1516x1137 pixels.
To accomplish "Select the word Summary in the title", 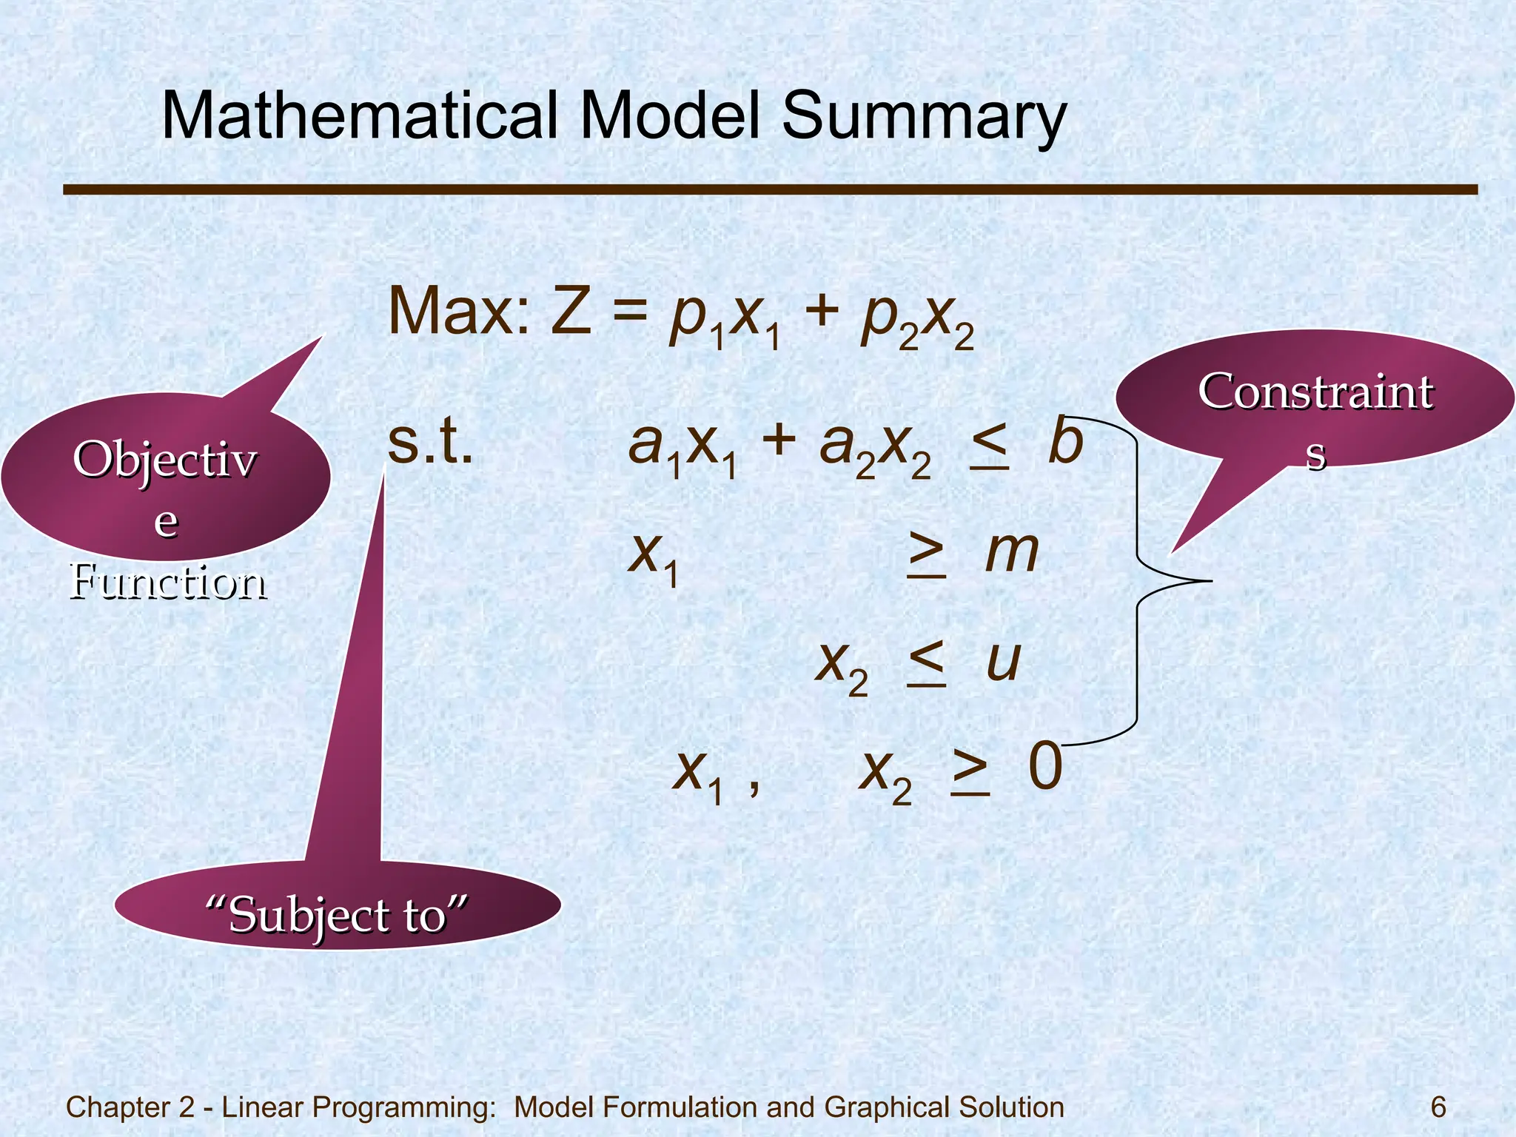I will (924, 117).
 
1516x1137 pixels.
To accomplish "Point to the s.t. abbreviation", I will (430, 443).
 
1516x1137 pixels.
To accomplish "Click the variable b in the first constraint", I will (1066, 442).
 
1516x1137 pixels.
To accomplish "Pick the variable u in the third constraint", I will (1004, 661).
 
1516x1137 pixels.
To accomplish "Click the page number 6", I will (1438, 1107).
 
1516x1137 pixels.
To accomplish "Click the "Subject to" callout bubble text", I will (337, 915).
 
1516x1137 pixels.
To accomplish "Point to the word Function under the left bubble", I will (169, 582).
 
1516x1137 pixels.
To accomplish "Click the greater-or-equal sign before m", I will (927, 554).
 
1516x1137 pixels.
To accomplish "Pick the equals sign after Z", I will (630, 312).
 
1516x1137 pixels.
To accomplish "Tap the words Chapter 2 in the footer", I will (130, 1107).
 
